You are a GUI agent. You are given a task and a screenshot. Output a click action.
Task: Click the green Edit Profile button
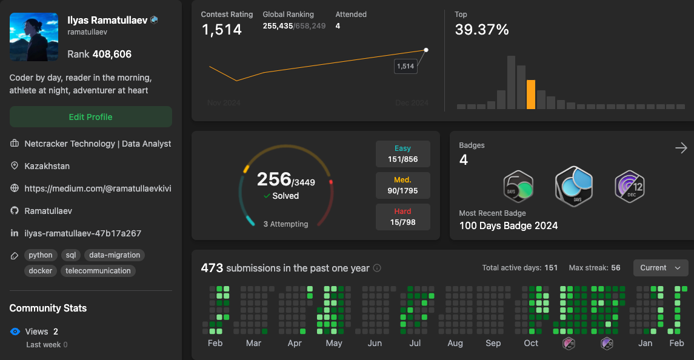[90, 117]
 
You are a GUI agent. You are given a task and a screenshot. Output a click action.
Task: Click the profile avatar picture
[34, 37]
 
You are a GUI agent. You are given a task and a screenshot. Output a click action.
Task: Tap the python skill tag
[41, 255]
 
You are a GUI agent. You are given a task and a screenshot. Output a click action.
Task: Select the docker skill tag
[41, 271]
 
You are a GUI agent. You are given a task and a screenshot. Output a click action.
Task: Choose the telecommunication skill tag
[98, 271]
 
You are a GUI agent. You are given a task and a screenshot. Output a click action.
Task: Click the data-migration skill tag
[115, 255]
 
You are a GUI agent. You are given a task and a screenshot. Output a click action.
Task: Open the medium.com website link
[98, 188]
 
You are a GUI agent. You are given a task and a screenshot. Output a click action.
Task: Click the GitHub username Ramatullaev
[48, 211]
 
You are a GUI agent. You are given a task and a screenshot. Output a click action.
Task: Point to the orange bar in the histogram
[531, 95]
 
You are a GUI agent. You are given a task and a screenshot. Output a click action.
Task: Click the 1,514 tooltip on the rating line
[405, 66]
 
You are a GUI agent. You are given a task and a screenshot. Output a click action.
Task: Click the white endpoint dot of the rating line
[426, 50]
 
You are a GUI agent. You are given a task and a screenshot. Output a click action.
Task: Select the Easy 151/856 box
[402, 154]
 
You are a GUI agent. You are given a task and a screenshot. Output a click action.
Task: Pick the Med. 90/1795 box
[402, 185]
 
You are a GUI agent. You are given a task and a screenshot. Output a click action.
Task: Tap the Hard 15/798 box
[402, 217]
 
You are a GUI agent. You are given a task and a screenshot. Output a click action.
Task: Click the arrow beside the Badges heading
[681, 148]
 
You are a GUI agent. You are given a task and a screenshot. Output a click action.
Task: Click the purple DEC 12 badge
[629, 186]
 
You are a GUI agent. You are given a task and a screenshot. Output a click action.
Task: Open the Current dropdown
[660, 268]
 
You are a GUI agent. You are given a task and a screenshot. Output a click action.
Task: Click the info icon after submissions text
[377, 268]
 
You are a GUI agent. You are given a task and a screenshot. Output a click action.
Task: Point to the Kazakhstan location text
[46, 166]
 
